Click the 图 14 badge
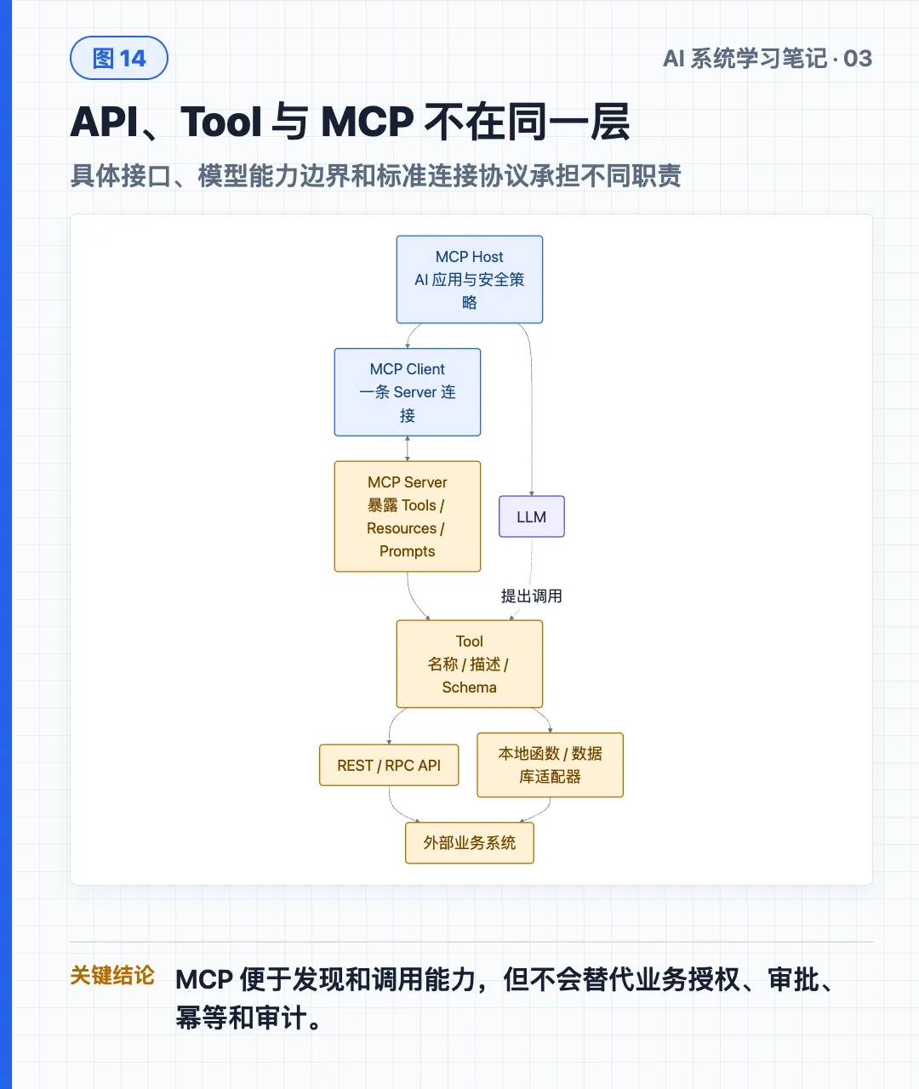(x=119, y=58)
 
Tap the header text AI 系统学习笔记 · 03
(x=768, y=59)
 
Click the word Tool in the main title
(x=220, y=122)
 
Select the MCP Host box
(x=470, y=279)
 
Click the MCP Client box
(x=408, y=391)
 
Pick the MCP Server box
(x=408, y=516)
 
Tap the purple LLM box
(x=532, y=516)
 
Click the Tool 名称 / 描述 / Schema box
(x=470, y=664)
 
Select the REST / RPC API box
(x=389, y=765)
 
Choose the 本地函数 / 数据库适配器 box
(x=551, y=765)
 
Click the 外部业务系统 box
(x=470, y=843)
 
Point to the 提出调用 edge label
(x=532, y=596)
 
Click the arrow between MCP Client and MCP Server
(x=408, y=448)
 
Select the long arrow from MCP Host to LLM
(x=532, y=407)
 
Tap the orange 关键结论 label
(x=112, y=975)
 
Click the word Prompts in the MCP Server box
(x=408, y=551)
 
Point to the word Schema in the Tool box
(x=470, y=687)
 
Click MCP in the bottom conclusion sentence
(x=204, y=979)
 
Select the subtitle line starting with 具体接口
(x=376, y=176)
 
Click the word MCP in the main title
(x=368, y=122)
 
